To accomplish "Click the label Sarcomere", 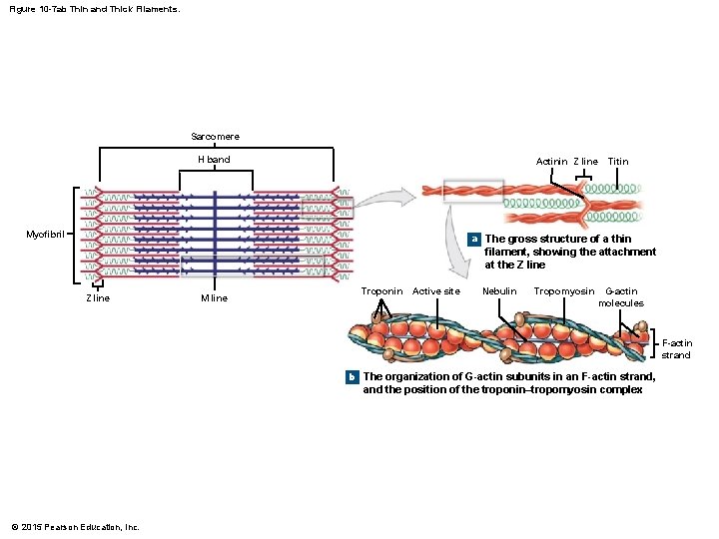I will pyautogui.click(x=215, y=136).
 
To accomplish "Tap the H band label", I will pyautogui.click(x=213, y=160).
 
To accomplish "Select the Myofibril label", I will pyautogui.click(x=45, y=235).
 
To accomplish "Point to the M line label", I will pyautogui.click(x=214, y=298).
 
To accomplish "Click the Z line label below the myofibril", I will pyautogui.click(x=97, y=298).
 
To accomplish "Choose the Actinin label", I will pyautogui.click(x=551, y=161).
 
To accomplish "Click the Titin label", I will pyautogui.click(x=618, y=161).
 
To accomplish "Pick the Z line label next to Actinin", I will pyautogui.click(x=585, y=161).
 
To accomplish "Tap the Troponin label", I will pyautogui.click(x=381, y=291).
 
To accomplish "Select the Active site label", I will pyautogui.click(x=436, y=291).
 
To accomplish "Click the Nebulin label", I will pyautogui.click(x=499, y=291).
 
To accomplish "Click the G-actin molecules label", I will pyautogui.click(x=621, y=296).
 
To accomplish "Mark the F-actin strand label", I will pyautogui.click(x=676, y=348).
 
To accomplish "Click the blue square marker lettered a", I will pyautogui.click(x=474, y=240).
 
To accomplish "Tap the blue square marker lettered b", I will pyautogui.click(x=352, y=377).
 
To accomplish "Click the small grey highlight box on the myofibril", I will pyautogui.click(x=328, y=207).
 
